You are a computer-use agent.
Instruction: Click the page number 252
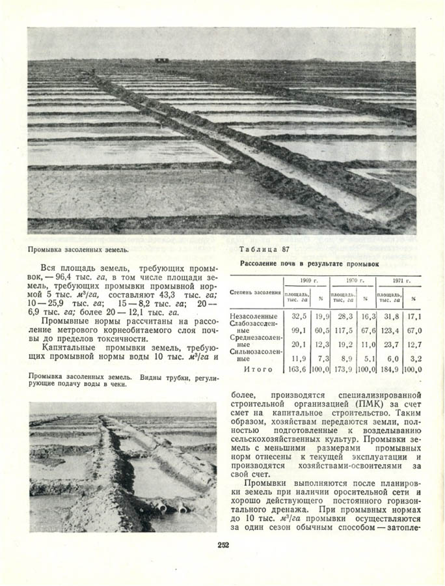tap(222, 545)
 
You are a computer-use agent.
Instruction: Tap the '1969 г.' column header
tap(305, 280)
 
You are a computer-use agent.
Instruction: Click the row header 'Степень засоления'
tap(254, 292)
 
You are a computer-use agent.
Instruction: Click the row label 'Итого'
tap(253, 369)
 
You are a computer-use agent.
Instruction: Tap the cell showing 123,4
tap(389, 330)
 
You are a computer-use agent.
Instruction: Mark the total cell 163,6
tap(297, 369)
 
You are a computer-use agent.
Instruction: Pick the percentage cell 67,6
tap(368, 330)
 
